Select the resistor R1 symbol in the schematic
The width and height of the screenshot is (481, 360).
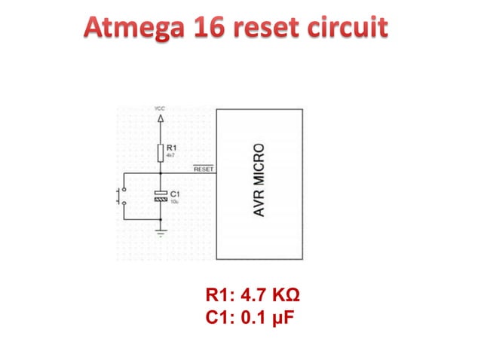(159, 153)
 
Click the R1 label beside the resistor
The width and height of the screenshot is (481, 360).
(171, 148)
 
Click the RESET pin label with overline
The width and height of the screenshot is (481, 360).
(204, 169)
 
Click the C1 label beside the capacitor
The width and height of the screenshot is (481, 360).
(173, 194)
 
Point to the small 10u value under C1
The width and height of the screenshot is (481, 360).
(173, 202)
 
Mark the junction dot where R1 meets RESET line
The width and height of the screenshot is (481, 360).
(159, 173)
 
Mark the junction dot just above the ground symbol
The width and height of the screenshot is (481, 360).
(159, 219)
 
